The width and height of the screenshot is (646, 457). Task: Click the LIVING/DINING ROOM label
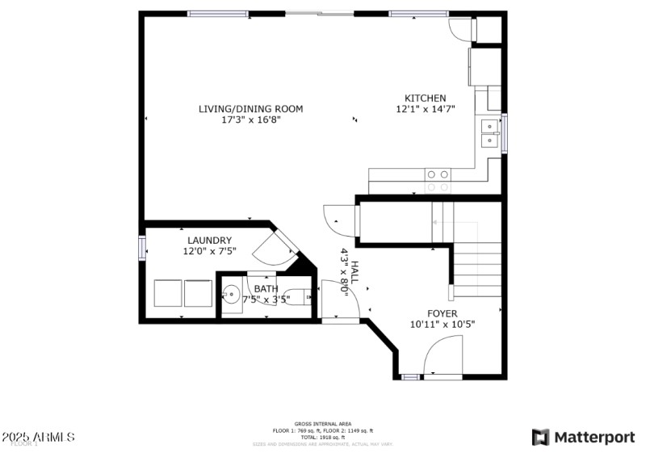(x=250, y=108)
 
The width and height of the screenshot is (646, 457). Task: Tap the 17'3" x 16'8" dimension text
(x=250, y=119)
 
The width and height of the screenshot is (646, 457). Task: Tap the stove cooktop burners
(x=438, y=174)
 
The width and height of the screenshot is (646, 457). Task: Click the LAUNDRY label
(x=209, y=240)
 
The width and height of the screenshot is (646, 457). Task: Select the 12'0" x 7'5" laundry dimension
(x=209, y=251)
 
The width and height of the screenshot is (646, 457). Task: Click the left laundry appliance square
(x=168, y=293)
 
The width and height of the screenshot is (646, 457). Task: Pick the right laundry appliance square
(x=198, y=293)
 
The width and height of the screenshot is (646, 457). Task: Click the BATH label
(x=266, y=288)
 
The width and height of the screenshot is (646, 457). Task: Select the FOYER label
(x=443, y=313)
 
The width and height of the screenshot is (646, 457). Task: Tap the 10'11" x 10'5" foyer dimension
(x=443, y=325)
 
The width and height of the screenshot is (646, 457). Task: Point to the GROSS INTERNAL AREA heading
(x=322, y=424)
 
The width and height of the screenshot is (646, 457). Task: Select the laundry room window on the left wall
(x=143, y=247)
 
